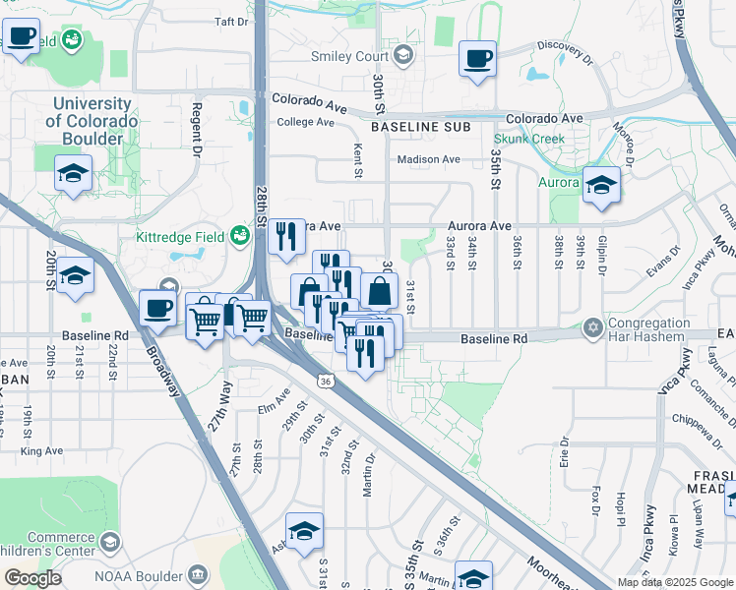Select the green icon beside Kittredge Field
[x=237, y=236]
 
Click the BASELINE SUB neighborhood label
[x=420, y=128]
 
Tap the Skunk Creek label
[x=528, y=139]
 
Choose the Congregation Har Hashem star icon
[x=592, y=326]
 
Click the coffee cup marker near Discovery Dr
[x=477, y=58]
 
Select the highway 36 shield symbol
[x=324, y=379]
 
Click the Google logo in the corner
[x=32, y=578]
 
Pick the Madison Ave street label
[x=428, y=159]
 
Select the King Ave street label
[x=41, y=450]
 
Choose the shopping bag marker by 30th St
[x=380, y=291]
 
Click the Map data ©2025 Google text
[x=674, y=582]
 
